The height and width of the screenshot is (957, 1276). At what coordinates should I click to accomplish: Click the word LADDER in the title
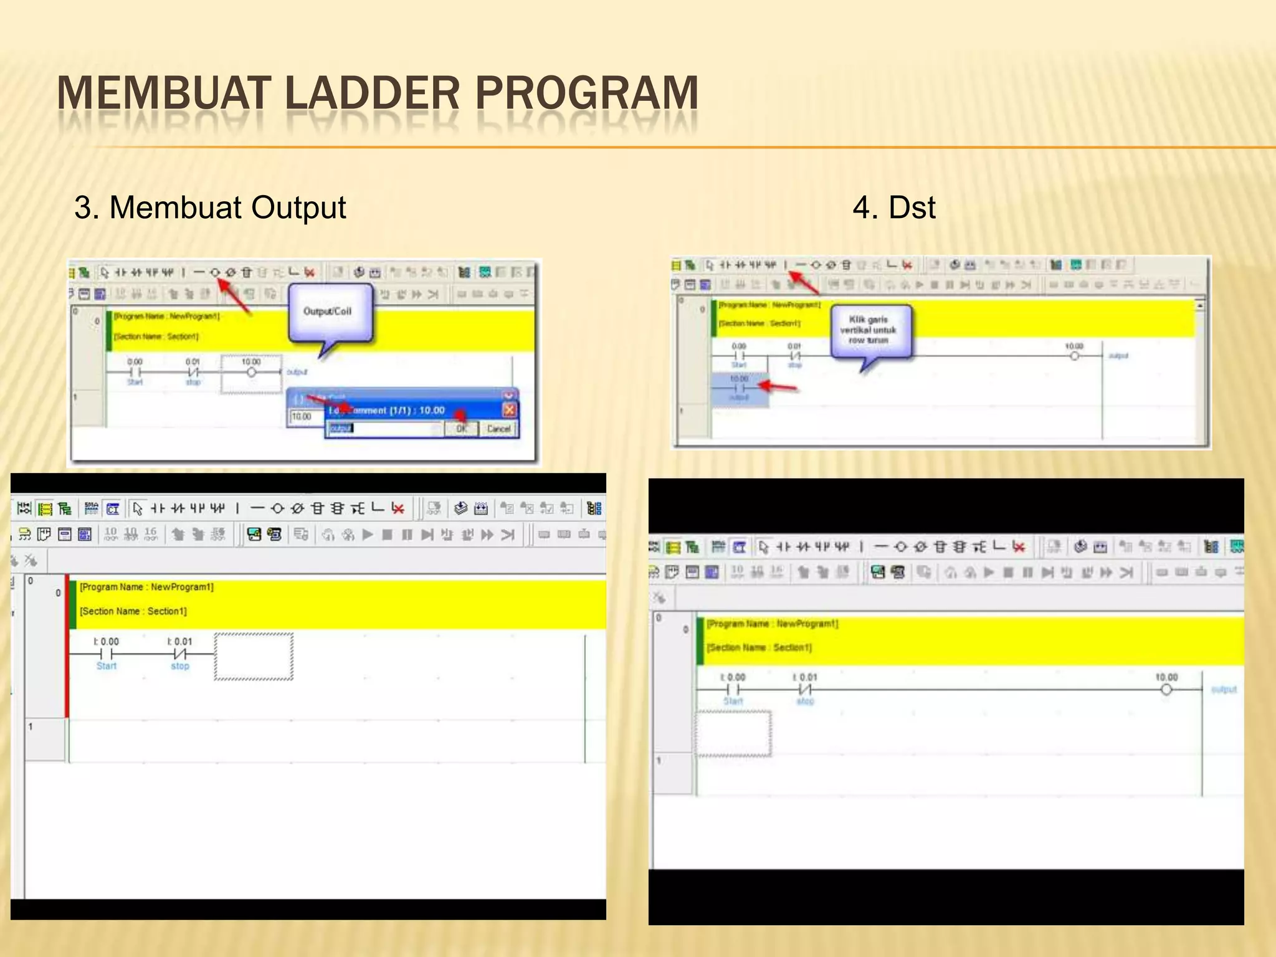click(x=373, y=93)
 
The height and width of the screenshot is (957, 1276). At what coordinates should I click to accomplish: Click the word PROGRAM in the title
click(x=586, y=93)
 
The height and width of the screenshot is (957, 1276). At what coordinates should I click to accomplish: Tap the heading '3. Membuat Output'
click(x=210, y=207)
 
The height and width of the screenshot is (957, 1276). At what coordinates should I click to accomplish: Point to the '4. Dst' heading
click(x=893, y=207)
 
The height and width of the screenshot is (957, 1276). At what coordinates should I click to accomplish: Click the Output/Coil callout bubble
click(x=328, y=312)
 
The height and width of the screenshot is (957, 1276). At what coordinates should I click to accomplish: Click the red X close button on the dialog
click(x=509, y=409)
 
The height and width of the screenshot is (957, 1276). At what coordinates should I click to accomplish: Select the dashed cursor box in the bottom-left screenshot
click(x=254, y=657)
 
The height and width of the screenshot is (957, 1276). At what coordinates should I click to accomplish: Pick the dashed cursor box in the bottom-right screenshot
click(x=733, y=733)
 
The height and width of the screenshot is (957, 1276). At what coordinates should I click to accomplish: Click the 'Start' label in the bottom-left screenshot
click(x=107, y=666)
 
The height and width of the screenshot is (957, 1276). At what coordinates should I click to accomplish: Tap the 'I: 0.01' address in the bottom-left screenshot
click(x=179, y=641)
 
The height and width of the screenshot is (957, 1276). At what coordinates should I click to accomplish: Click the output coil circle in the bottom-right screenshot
click(x=1166, y=690)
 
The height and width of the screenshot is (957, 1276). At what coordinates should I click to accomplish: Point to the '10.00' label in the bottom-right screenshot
click(x=1166, y=677)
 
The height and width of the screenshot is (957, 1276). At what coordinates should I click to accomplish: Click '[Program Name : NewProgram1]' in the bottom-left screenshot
click(x=146, y=587)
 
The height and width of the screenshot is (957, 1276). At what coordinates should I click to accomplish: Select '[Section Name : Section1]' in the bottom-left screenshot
click(x=133, y=611)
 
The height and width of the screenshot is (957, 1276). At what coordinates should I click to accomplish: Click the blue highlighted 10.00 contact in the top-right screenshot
click(x=740, y=388)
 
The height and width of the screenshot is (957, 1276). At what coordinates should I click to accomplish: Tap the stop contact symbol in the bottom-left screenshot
click(x=180, y=654)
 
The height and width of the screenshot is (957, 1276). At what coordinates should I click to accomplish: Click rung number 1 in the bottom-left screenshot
click(x=30, y=726)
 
